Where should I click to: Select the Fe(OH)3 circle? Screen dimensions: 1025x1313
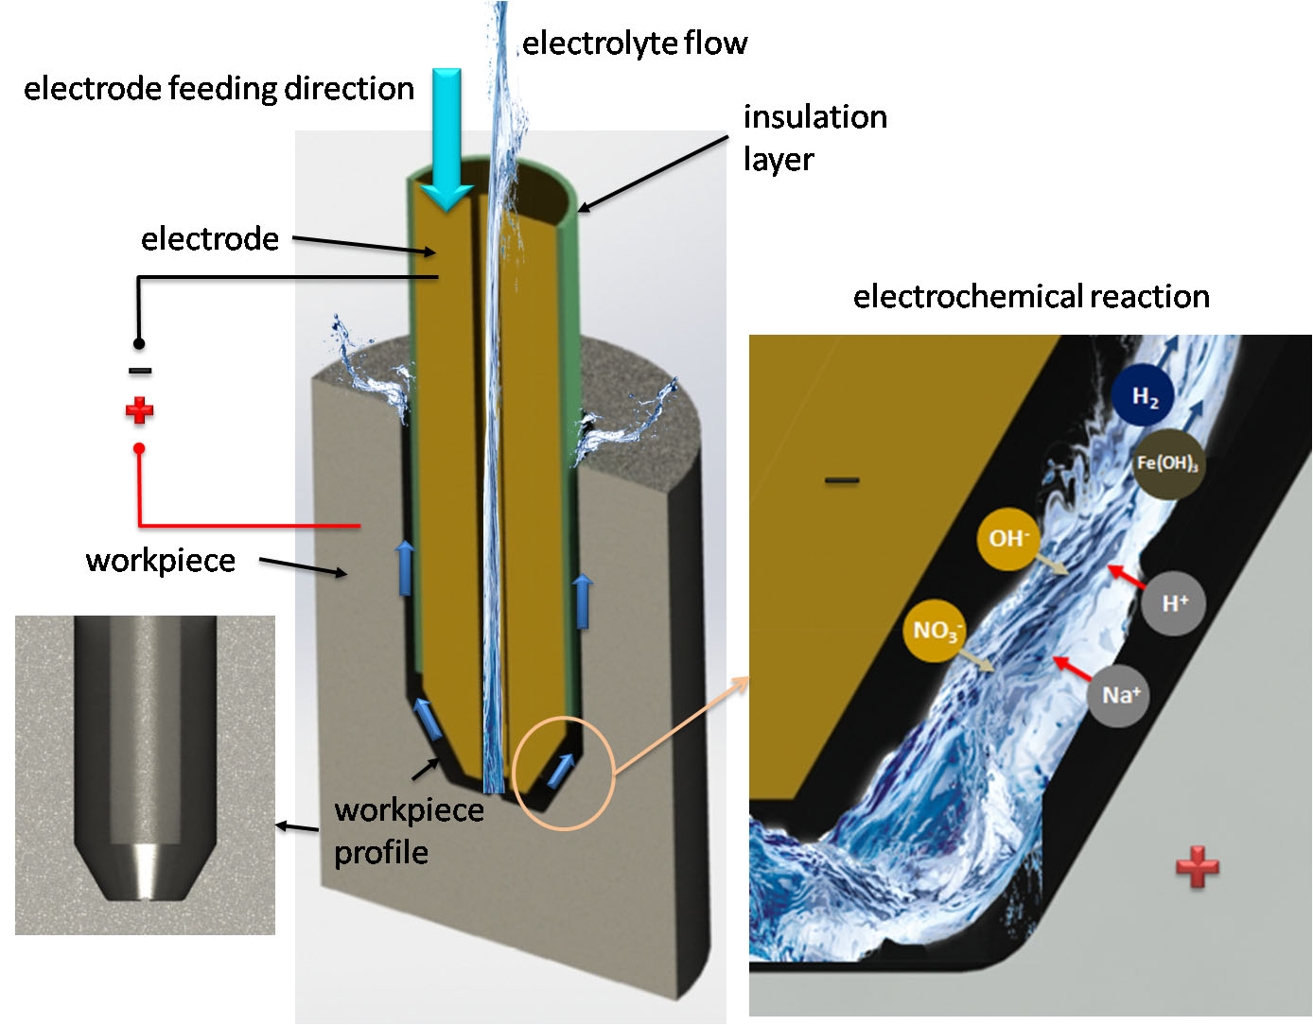[x=1167, y=463]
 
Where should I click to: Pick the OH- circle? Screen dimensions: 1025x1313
[x=1007, y=539]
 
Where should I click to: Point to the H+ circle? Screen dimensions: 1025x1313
[x=1173, y=603]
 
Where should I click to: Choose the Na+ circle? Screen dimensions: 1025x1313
[x=1120, y=695]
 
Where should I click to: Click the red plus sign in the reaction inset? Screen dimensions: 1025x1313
[x=1197, y=866]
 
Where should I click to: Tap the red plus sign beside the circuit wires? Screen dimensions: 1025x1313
[x=139, y=410]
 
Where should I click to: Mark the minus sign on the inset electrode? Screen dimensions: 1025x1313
[x=841, y=480]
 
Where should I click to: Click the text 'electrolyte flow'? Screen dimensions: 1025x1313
[x=635, y=43]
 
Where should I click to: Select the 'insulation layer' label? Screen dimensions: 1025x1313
[x=814, y=138]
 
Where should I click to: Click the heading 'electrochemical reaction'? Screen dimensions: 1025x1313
[x=1031, y=297]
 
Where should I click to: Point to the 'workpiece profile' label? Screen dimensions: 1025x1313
[x=409, y=831]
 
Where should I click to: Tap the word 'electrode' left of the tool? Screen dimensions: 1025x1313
[x=210, y=239]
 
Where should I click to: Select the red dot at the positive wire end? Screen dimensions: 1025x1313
[x=139, y=448]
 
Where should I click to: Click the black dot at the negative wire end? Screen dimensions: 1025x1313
[x=139, y=343]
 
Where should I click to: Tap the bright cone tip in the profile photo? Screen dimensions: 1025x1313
[x=146, y=870]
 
